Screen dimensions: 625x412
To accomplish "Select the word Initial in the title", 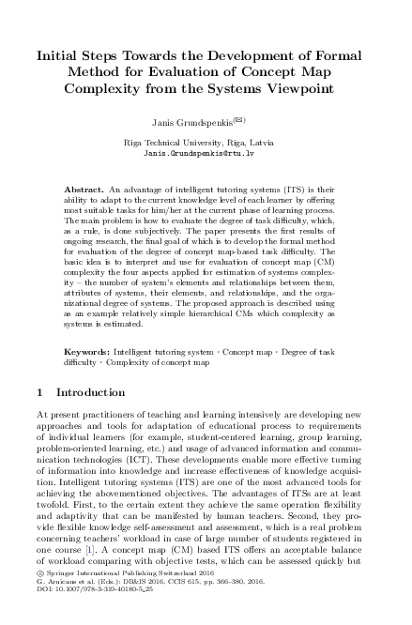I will [65, 55].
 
